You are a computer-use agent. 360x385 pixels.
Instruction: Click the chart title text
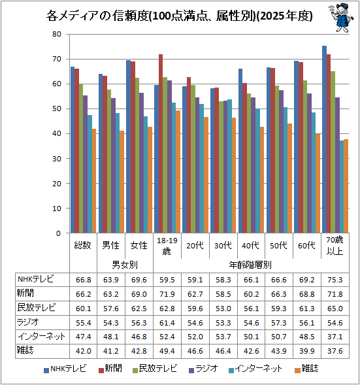pos(179,16)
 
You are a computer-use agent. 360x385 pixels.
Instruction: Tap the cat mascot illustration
pos(341,17)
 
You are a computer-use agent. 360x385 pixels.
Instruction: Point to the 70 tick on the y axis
pos(57,59)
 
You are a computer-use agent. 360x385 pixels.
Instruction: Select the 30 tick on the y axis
pos(57,159)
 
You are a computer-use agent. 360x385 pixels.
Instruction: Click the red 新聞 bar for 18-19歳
pos(161,144)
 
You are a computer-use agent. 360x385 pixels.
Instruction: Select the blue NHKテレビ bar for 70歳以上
pos(324,139)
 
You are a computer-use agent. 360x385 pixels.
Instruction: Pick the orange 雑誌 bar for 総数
pos(94,180)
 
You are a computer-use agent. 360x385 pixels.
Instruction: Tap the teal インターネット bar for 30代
pos(230,166)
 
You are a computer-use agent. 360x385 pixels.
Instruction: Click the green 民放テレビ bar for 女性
pos(137,156)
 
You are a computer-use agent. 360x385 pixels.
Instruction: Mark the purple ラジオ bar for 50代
pos(281,161)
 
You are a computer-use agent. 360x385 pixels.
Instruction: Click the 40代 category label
pos(250,245)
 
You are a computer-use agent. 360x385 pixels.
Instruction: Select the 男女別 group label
pos(125,265)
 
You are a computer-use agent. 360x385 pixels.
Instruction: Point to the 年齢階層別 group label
pos(250,265)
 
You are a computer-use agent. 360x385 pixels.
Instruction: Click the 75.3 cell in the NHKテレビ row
pos(335,280)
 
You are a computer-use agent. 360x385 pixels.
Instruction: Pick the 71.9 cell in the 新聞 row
pos(167,294)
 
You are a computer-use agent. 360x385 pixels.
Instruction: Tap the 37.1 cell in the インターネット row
pos(335,337)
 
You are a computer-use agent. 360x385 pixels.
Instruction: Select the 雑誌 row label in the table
pos(25,350)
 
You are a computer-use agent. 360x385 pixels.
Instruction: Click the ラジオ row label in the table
pos(27,322)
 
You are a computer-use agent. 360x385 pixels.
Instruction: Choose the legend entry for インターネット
pos(255,369)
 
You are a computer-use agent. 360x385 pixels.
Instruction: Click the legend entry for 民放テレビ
pos(155,369)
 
